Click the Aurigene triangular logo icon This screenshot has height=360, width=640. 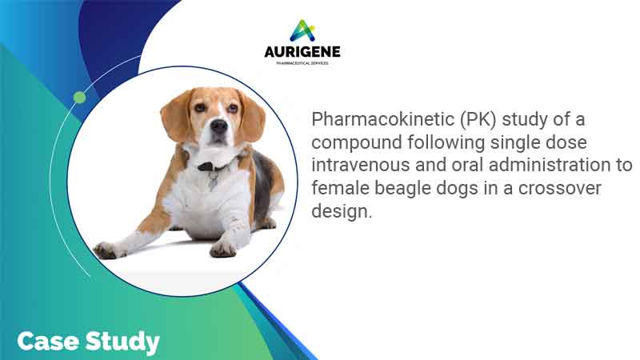tap(302, 30)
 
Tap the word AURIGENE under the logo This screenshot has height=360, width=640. tap(302, 51)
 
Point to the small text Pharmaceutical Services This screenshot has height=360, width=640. tap(302, 62)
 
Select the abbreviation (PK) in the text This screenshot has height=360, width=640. tap(467, 120)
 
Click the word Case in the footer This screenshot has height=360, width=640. tap(45, 342)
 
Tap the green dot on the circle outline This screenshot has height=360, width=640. tap(79, 98)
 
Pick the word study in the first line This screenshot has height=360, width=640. tap(529, 120)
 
